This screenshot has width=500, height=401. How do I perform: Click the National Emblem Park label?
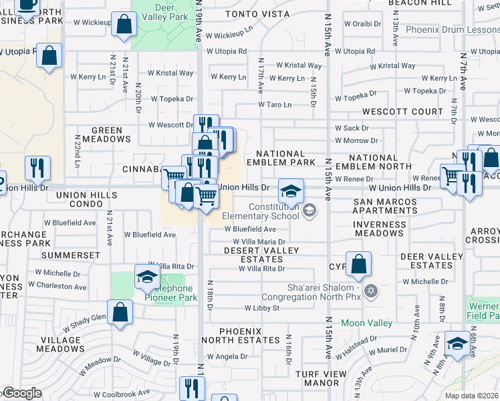click(x=280, y=158)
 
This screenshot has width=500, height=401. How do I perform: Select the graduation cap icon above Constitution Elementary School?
click(x=291, y=191)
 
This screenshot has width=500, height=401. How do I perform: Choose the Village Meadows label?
click(x=61, y=344)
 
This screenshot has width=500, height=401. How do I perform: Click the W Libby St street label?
click(x=261, y=308)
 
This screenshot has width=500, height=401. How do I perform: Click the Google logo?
click(x=22, y=393)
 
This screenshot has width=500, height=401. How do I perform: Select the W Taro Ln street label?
click(x=275, y=105)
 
